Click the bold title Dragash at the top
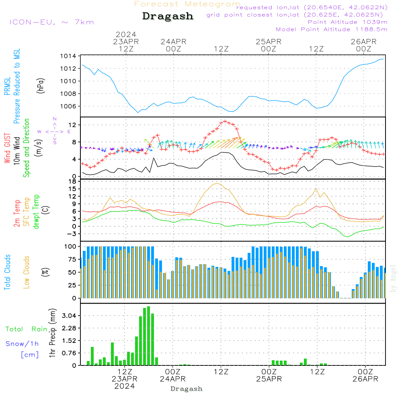pos(168,16)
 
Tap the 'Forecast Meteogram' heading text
pos(187,4)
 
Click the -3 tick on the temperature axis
pos(73,234)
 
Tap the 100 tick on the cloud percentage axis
pos(71,246)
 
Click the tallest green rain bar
pos(148,336)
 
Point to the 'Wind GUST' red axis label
pos(7,149)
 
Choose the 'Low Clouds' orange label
pos(27,272)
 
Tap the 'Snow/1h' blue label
pos(23,344)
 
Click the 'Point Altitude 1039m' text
pos(347,22)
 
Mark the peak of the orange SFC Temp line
pos(217,184)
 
